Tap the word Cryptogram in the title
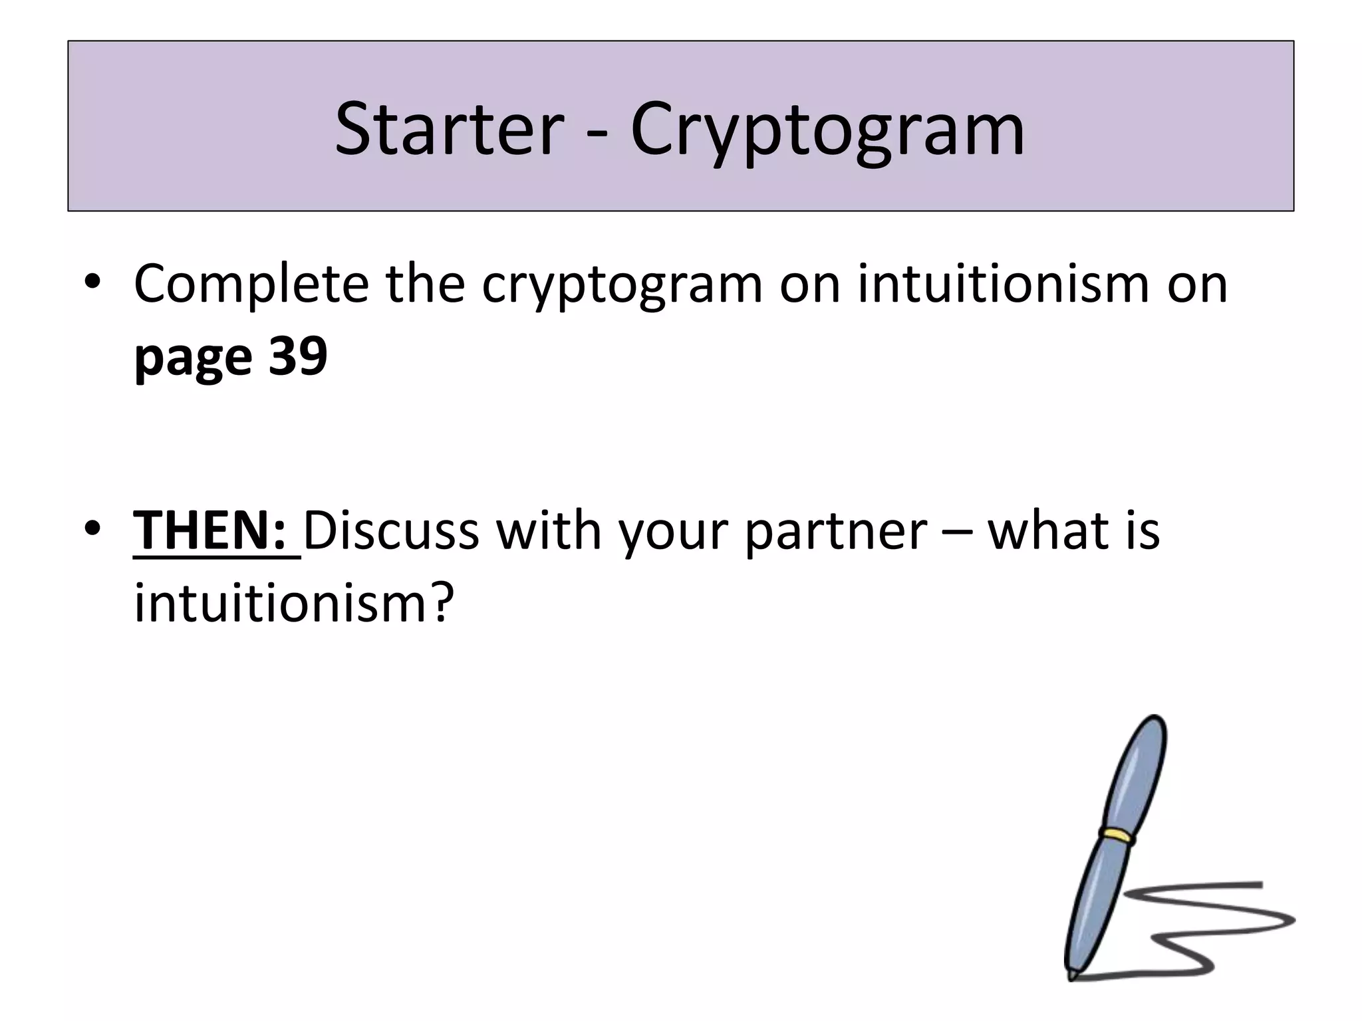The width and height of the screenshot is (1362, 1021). (827, 130)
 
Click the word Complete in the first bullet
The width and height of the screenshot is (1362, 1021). (251, 284)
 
